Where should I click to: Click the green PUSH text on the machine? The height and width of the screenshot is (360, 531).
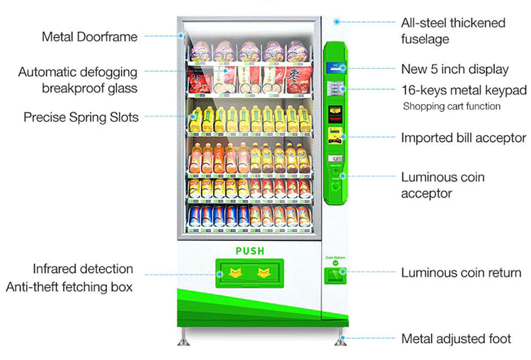click(249, 251)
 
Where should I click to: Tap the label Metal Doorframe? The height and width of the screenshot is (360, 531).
click(90, 36)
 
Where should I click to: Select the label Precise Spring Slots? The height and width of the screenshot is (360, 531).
click(81, 116)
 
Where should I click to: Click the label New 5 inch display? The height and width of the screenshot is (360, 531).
click(455, 69)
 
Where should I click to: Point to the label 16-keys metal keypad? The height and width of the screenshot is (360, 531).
click(464, 90)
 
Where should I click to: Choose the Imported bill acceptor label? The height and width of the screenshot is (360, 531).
click(464, 137)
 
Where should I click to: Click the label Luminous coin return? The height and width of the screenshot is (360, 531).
click(461, 272)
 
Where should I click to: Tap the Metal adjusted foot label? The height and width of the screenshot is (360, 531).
click(456, 339)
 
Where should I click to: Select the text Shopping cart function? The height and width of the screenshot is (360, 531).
click(452, 106)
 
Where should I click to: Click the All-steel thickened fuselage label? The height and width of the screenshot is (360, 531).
click(453, 31)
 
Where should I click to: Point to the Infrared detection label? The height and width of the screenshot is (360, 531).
click(83, 269)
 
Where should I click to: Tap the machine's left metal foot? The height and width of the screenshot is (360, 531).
click(183, 337)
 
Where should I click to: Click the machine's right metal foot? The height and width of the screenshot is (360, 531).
click(341, 337)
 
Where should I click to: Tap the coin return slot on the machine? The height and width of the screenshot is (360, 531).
click(334, 276)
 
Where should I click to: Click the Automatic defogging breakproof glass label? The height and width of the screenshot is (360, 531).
click(78, 80)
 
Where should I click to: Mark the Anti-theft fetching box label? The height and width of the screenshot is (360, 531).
click(69, 287)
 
